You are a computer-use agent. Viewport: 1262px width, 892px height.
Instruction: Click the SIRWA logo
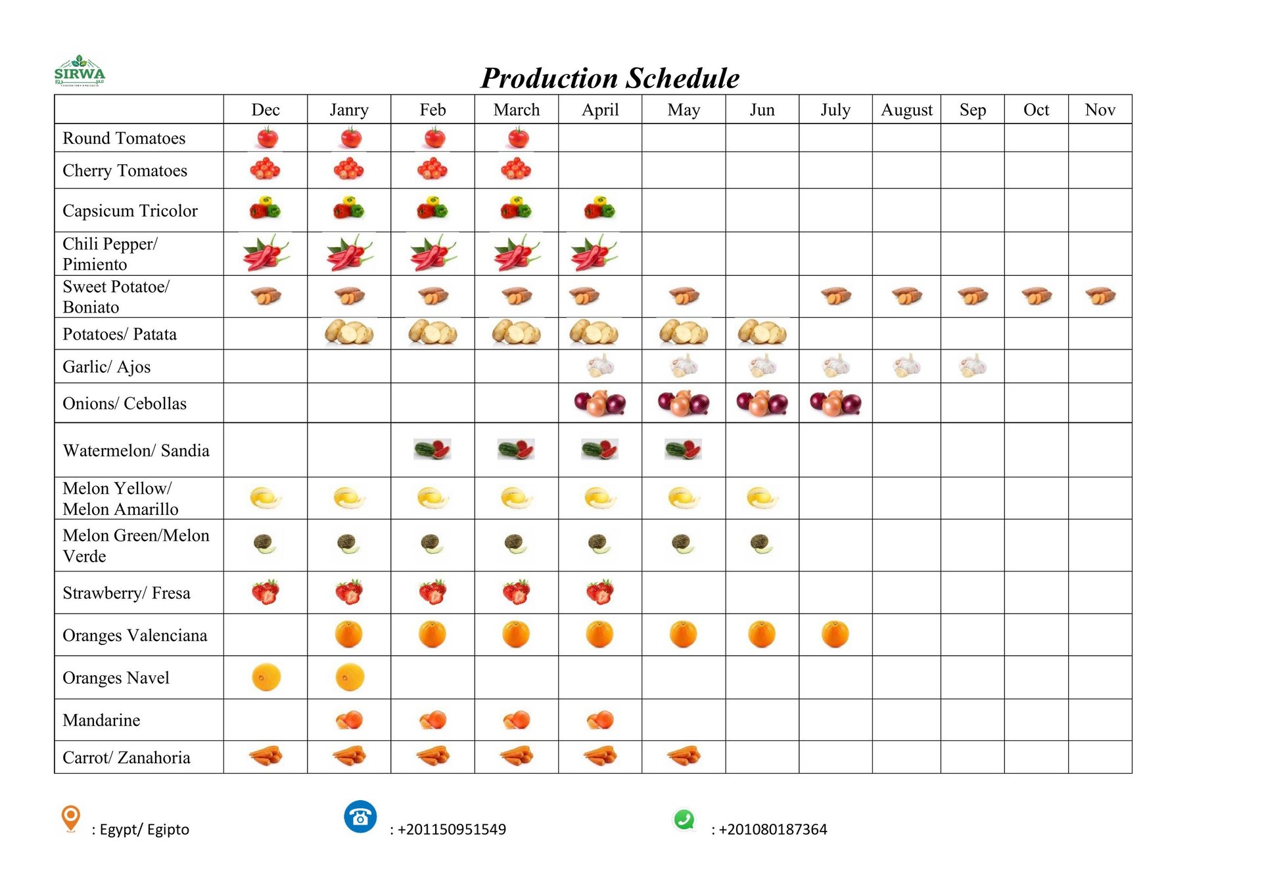coord(80,71)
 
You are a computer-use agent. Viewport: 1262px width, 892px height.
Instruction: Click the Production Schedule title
coord(610,78)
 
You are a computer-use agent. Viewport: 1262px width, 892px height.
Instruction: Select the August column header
coord(906,110)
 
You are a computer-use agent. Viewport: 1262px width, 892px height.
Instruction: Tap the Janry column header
coord(349,110)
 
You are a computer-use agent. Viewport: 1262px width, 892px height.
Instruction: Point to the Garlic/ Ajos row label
coord(106,367)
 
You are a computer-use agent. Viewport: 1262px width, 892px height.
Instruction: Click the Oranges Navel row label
coord(116,677)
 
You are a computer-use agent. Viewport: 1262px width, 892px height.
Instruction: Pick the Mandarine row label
coord(101,720)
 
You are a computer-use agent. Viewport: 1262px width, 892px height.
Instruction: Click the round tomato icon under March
coord(518,138)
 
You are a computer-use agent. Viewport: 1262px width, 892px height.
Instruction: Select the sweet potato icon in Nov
coord(1100,296)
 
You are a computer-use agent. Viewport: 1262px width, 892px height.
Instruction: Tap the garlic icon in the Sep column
coord(973,365)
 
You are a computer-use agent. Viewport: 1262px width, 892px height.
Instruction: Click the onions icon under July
coord(835,403)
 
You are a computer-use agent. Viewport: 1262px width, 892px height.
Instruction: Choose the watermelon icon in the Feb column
coord(432,449)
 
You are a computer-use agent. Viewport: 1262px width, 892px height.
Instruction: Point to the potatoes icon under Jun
coord(762,332)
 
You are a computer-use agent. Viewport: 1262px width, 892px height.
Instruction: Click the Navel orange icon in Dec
coord(266,677)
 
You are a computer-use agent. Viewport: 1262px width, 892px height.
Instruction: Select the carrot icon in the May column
coord(684,756)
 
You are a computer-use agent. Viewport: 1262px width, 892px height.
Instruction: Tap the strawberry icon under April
coord(599,592)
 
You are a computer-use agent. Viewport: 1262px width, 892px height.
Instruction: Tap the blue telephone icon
coord(360,816)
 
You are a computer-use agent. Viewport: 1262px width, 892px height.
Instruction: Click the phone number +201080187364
coord(772,830)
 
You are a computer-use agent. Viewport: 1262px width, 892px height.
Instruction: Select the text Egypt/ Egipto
coord(144,830)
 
